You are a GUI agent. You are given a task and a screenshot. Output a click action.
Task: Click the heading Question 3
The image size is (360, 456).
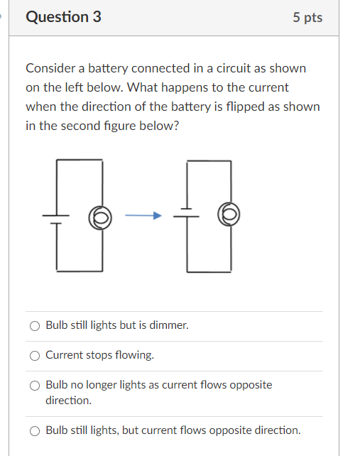(x=63, y=17)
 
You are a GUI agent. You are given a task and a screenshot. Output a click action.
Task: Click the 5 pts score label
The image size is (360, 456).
(x=307, y=18)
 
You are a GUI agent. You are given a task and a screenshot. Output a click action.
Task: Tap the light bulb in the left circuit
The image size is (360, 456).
(x=100, y=216)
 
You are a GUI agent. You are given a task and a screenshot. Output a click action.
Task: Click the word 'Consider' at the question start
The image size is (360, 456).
(x=49, y=68)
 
